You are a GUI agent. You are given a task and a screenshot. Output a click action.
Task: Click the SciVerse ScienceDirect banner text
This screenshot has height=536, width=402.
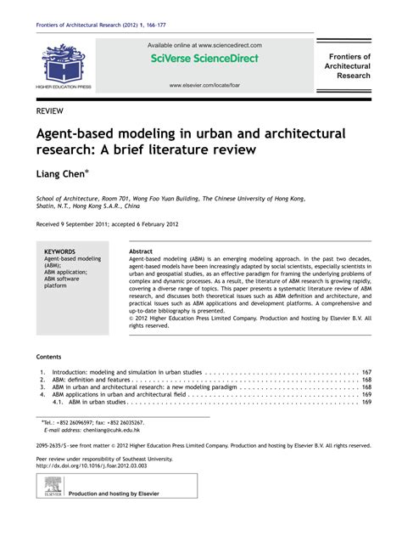[x=209, y=59]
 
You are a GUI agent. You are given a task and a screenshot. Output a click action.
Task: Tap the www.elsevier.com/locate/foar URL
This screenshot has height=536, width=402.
[x=209, y=85]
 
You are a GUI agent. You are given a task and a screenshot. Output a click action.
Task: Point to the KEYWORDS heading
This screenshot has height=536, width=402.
[x=59, y=252]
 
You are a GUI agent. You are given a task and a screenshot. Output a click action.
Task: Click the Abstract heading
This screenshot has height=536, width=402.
[x=141, y=252]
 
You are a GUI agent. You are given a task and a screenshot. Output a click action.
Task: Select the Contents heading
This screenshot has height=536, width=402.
[x=49, y=357]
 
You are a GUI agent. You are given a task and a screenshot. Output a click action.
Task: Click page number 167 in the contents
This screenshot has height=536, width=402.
[x=366, y=372]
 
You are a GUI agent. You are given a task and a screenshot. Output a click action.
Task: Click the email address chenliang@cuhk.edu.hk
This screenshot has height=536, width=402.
[x=98, y=430]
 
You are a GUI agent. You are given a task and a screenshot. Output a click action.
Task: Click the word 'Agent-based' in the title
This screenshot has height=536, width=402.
[x=75, y=134]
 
